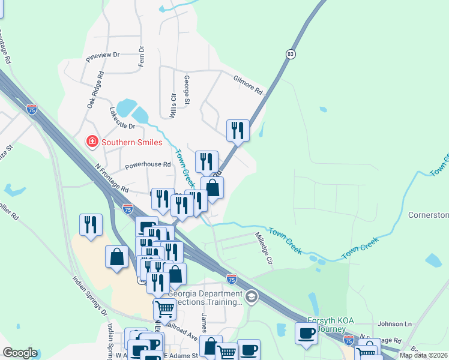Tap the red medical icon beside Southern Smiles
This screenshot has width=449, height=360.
pos(92,142)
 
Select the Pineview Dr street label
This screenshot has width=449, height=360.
pos(103,55)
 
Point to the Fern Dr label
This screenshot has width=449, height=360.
pos(142,56)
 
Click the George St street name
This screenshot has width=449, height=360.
pos(187,88)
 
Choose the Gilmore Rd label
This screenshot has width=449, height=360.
pos(249,84)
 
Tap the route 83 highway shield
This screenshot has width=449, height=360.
pos(291,54)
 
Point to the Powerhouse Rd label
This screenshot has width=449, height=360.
pos(148,164)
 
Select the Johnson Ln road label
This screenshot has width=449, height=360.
pos(395,324)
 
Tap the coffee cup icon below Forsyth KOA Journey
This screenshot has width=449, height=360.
pos(307,334)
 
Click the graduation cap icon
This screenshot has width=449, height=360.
pos(252,296)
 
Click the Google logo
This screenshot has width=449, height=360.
pos(20,353)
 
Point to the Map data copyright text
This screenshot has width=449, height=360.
pos(424,355)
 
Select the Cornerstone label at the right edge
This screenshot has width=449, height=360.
pos(429,215)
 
